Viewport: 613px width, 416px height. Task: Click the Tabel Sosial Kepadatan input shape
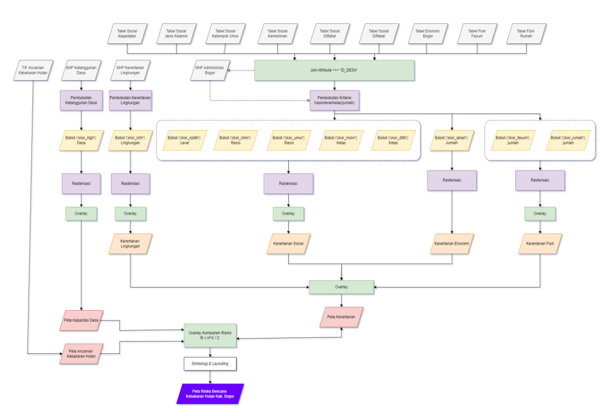coord(127,33)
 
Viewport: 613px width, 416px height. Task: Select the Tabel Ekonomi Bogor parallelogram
coord(428,33)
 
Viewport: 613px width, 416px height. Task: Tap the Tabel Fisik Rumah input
coord(526,33)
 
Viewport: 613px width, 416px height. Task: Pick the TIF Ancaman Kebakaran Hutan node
coord(33,70)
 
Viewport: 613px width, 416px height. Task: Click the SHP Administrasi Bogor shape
coord(210,70)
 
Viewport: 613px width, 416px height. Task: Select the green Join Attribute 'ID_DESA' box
coord(334,70)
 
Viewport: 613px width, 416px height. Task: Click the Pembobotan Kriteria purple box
coord(334,100)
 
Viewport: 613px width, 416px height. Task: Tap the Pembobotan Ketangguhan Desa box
coord(81,100)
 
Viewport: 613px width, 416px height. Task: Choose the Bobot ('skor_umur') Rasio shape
coord(289,140)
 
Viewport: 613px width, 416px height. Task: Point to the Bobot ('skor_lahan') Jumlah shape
coord(452,140)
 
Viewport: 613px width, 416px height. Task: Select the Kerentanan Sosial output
coord(289,243)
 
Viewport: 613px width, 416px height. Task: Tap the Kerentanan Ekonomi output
coord(452,243)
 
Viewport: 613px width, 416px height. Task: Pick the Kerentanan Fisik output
coord(539,243)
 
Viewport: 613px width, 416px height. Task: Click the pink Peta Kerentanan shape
coord(342,317)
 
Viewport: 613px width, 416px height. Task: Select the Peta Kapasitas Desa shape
coord(81,321)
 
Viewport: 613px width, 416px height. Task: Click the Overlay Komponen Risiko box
coord(210,335)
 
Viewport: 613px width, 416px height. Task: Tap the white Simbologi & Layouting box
coord(210,363)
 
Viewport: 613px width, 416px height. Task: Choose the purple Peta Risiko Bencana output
coord(210,393)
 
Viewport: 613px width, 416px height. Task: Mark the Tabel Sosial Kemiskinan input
coord(277,33)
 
